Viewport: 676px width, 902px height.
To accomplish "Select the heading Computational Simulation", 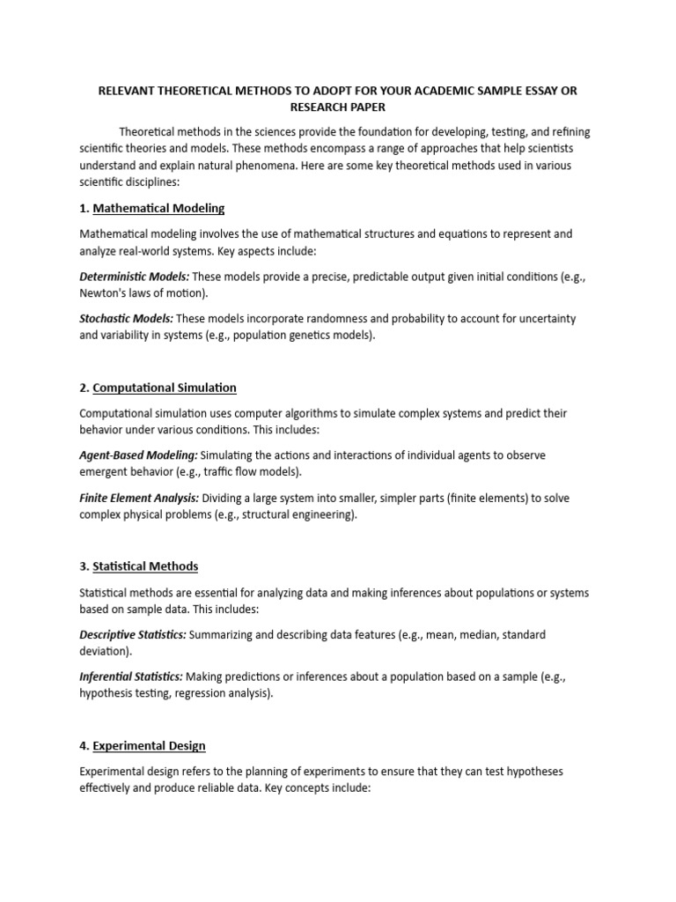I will point(165,388).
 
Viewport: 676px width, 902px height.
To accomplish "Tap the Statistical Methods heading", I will point(145,566).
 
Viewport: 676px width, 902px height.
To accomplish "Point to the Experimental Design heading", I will point(149,746).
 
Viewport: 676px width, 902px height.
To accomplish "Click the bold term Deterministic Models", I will point(135,277).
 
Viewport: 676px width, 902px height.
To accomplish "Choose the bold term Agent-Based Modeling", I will point(139,455).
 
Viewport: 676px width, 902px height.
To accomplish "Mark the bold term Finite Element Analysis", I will point(139,499).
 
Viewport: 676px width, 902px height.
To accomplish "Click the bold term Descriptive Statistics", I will point(133,634).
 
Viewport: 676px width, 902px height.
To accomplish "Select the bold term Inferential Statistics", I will point(131,676).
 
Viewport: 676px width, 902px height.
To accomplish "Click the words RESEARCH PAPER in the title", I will point(338,107).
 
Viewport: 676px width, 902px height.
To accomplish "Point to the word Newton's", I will point(104,292).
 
